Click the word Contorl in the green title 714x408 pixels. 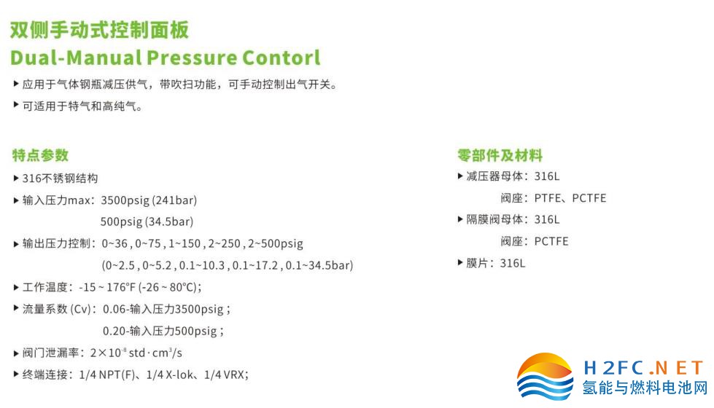tap(281, 58)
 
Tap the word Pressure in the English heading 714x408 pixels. tap(191, 58)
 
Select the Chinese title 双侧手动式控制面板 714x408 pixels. tap(99, 30)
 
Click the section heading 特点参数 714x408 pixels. tap(40, 155)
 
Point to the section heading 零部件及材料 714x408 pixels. tap(500, 155)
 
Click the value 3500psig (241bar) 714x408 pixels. tap(149, 200)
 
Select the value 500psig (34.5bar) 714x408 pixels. tap(147, 222)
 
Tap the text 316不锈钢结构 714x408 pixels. tap(60, 178)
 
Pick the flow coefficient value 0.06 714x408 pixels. tap(114, 310)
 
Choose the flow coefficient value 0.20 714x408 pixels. tap(114, 331)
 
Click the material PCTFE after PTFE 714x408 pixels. tap(589, 198)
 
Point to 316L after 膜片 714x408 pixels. tap(512, 263)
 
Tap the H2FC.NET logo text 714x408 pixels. tap(643, 367)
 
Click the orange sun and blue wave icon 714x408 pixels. tap(546, 376)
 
